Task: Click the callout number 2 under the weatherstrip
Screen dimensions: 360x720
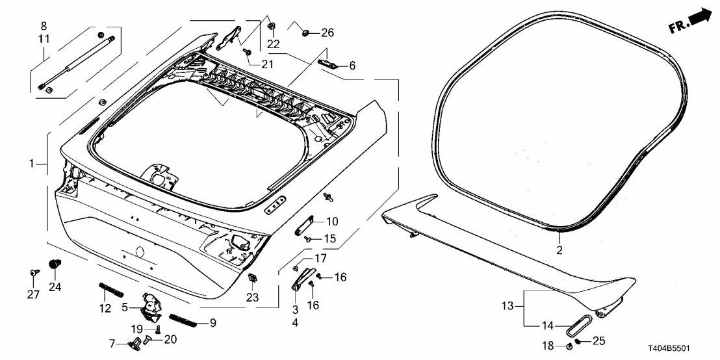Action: tap(559, 250)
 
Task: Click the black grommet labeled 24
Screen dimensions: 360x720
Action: tap(55, 264)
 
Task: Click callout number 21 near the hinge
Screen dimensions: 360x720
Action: tap(268, 64)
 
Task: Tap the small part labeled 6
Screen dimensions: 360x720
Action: tap(329, 63)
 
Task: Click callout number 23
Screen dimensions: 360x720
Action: tap(252, 298)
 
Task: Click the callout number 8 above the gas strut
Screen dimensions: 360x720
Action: tap(44, 26)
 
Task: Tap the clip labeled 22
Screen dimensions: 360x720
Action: tap(270, 27)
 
